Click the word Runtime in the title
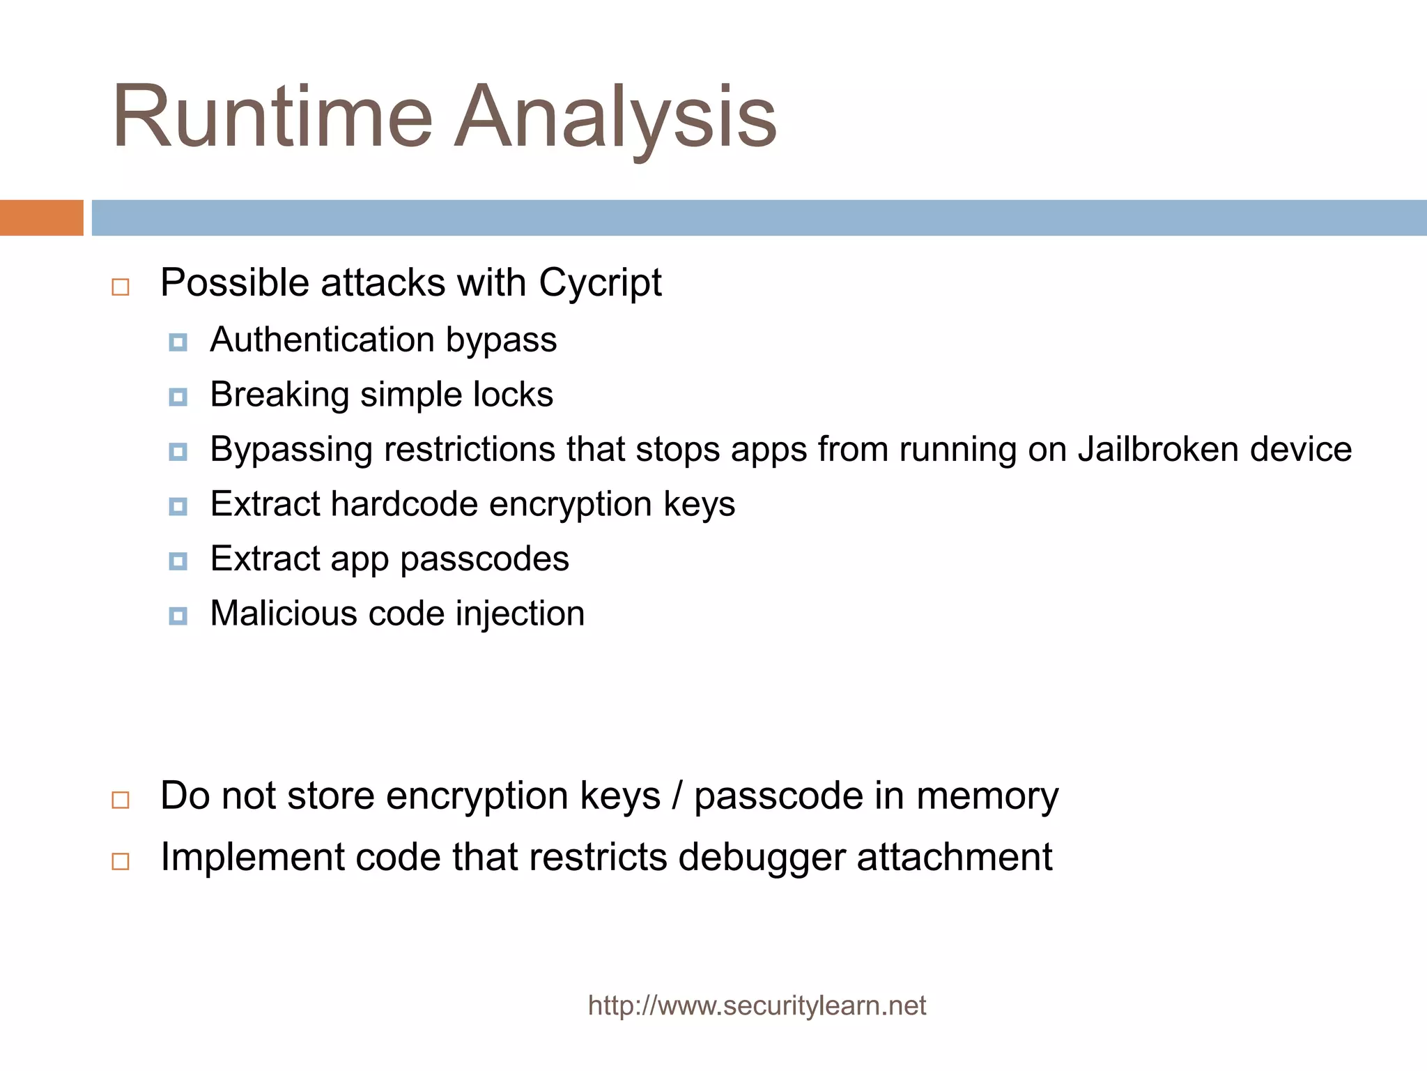pyautogui.click(x=272, y=116)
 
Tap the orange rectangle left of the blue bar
pyautogui.click(x=41, y=218)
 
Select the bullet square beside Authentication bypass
pyautogui.click(x=178, y=342)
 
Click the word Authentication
pyautogui.click(x=322, y=340)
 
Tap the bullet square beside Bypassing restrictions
pyautogui.click(x=178, y=452)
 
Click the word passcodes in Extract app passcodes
pyautogui.click(x=484, y=559)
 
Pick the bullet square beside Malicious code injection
pyautogui.click(x=178, y=616)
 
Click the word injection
pyautogui.click(x=520, y=614)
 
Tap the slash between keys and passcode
pyautogui.click(x=677, y=796)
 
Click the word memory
pyautogui.click(x=987, y=796)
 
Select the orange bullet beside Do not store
pyautogui.click(x=121, y=800)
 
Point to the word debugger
pyautogui.click(x=762, y=858)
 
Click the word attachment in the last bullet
pyautogui.click(x=954, y=858)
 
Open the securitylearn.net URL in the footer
pyautogui.click(x=757, y=1006)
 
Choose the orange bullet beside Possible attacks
pyautogui.click(x=121, y=287)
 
